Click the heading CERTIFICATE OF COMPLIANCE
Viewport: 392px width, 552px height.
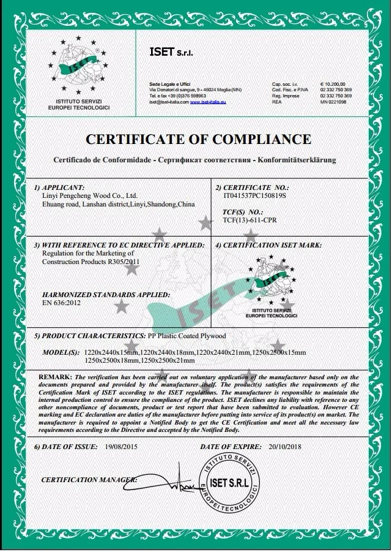click(197, 139)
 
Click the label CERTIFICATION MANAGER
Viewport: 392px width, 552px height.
click(88, 480)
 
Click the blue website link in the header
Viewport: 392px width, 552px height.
click(209, 102)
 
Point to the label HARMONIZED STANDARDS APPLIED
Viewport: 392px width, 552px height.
click(91, 294)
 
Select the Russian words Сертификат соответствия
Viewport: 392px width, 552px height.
click(202, 159)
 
